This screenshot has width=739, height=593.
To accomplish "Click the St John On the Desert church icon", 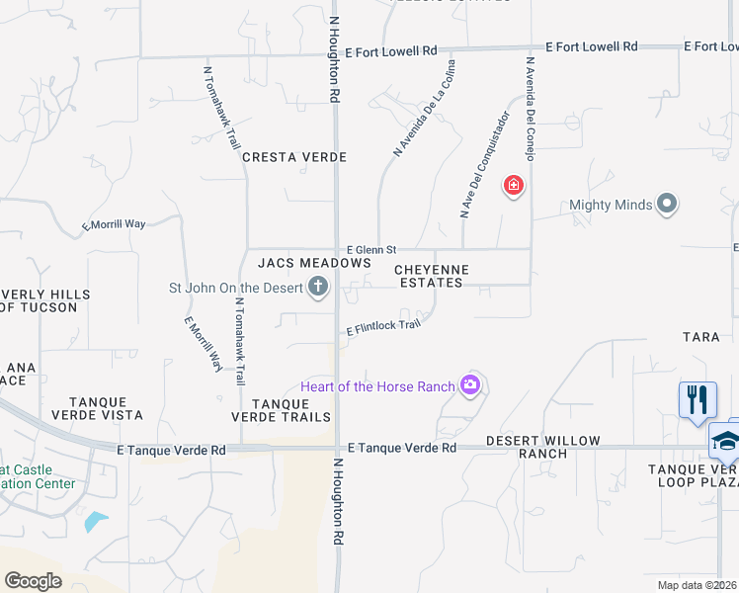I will tap(318, 288).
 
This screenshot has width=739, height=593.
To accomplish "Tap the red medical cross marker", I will tap(513, 185).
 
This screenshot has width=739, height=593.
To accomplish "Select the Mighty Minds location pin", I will tap(667, 205).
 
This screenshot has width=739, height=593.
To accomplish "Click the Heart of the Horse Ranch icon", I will tap(470, 385).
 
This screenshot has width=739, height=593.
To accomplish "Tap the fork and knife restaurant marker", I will tap(698, 400).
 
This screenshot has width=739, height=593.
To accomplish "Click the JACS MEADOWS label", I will tap(314, 263).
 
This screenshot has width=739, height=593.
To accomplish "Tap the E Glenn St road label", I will tap(370, 250).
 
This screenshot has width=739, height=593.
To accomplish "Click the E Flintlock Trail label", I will tap(384, 327).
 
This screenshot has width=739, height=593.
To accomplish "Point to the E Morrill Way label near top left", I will tap(114, 225).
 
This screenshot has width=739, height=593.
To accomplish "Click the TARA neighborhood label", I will tap(700, 337).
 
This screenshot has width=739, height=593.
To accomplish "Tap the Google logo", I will tap(33, 580).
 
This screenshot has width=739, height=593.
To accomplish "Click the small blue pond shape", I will tap(96, 521).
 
